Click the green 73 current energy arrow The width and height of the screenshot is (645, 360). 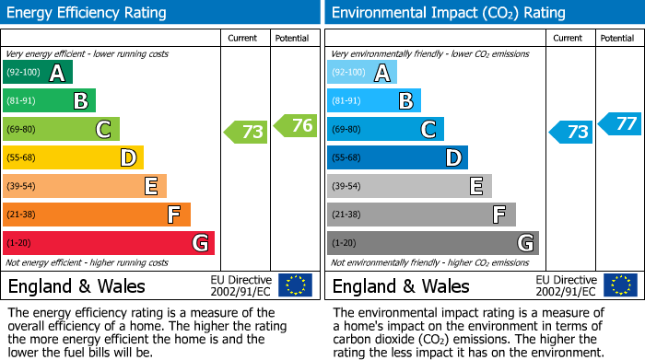tap(246, 132)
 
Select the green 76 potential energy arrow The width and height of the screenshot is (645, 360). tap(295, 125)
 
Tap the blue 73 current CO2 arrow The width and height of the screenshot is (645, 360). tap(570, 132)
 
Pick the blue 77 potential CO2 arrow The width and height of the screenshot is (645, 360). tap(620, 123)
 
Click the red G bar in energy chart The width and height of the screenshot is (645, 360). tap(109, 243)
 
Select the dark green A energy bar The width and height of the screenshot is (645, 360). tap(38, 73)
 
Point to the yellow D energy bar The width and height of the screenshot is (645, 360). tap(74, 157)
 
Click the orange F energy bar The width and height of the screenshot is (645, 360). tap(97, 215)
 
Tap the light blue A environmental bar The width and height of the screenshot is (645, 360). tap(362, 73)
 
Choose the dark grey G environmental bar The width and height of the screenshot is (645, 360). tap(432, 243)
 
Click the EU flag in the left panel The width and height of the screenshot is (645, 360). tap(295, 285)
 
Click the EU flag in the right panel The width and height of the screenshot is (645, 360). tap(619, 285)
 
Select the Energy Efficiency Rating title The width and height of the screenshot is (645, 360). tap(88, 13)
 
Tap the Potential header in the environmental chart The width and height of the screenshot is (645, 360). tap(617, 38)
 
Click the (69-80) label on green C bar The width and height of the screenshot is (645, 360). tap(24, 129)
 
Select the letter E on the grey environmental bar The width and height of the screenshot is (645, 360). tap(475, 186)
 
